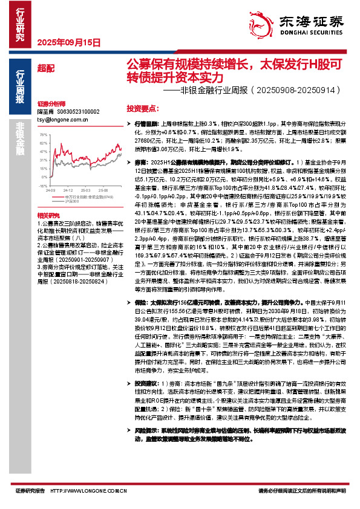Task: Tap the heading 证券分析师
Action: click(x=50, y=104)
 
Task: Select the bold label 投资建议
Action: click(x=146, y=383)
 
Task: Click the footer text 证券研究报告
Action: click(x=30, y=491)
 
